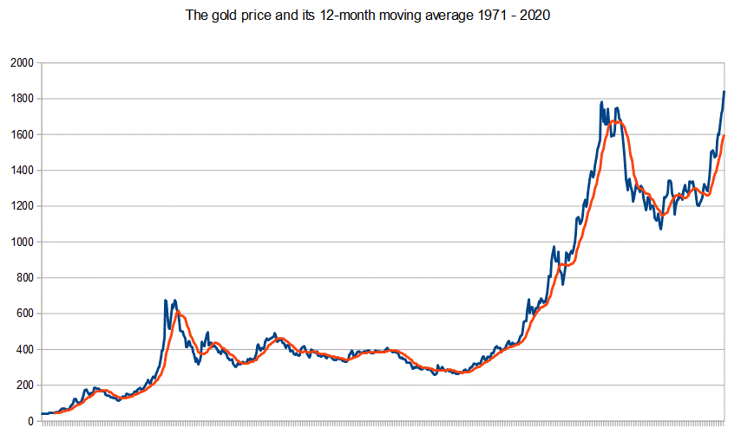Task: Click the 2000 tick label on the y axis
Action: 21,63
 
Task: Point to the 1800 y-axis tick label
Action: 21,99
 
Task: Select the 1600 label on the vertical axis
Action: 21,135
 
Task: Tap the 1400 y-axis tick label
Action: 21,171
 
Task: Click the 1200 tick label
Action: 21,206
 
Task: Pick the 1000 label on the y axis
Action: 21,243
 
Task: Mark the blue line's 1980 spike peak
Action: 165,301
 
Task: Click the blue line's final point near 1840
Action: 724,92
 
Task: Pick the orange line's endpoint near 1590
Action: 724,136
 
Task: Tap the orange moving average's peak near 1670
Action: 615,121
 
